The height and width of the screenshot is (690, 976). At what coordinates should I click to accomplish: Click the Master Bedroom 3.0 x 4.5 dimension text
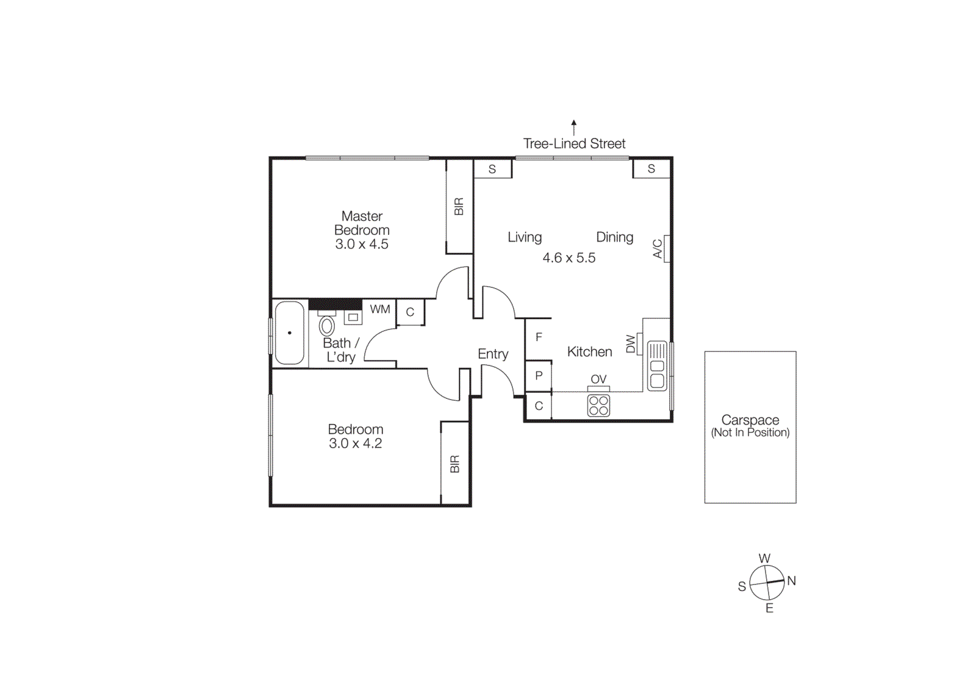[362, 245]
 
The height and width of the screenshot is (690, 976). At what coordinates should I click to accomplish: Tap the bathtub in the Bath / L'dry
[289, 333]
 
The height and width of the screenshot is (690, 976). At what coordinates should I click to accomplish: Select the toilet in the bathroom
[327, 325]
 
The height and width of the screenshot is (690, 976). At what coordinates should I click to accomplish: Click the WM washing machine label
[379, 309]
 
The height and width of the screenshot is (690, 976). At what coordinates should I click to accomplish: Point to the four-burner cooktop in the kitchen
[598, 406]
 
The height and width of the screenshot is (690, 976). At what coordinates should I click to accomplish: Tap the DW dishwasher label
[631, 344]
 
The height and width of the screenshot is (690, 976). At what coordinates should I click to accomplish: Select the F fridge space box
[539, 337]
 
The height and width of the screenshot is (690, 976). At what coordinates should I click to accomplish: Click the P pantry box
[539, 376]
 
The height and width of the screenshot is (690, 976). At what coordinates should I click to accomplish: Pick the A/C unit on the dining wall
[667, 248]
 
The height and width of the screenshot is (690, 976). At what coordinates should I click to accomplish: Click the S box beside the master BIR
[492, 169]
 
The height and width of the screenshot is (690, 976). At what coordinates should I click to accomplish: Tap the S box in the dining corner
[651, 168]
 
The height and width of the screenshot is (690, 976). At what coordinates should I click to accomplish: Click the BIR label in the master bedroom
[459, 207]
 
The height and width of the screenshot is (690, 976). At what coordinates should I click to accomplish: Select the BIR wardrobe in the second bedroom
[454, 464]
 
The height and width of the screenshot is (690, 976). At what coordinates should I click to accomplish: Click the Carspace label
[750, 420]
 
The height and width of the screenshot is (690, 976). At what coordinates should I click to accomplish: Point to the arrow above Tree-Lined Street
[574, 126]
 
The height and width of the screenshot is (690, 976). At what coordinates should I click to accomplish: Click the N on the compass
[791, 581]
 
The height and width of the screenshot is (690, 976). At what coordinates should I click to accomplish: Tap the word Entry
[493, 354]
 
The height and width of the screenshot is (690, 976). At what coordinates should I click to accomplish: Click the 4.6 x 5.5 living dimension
[569, 258]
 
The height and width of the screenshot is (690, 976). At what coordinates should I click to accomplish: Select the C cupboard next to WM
[410, 312]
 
